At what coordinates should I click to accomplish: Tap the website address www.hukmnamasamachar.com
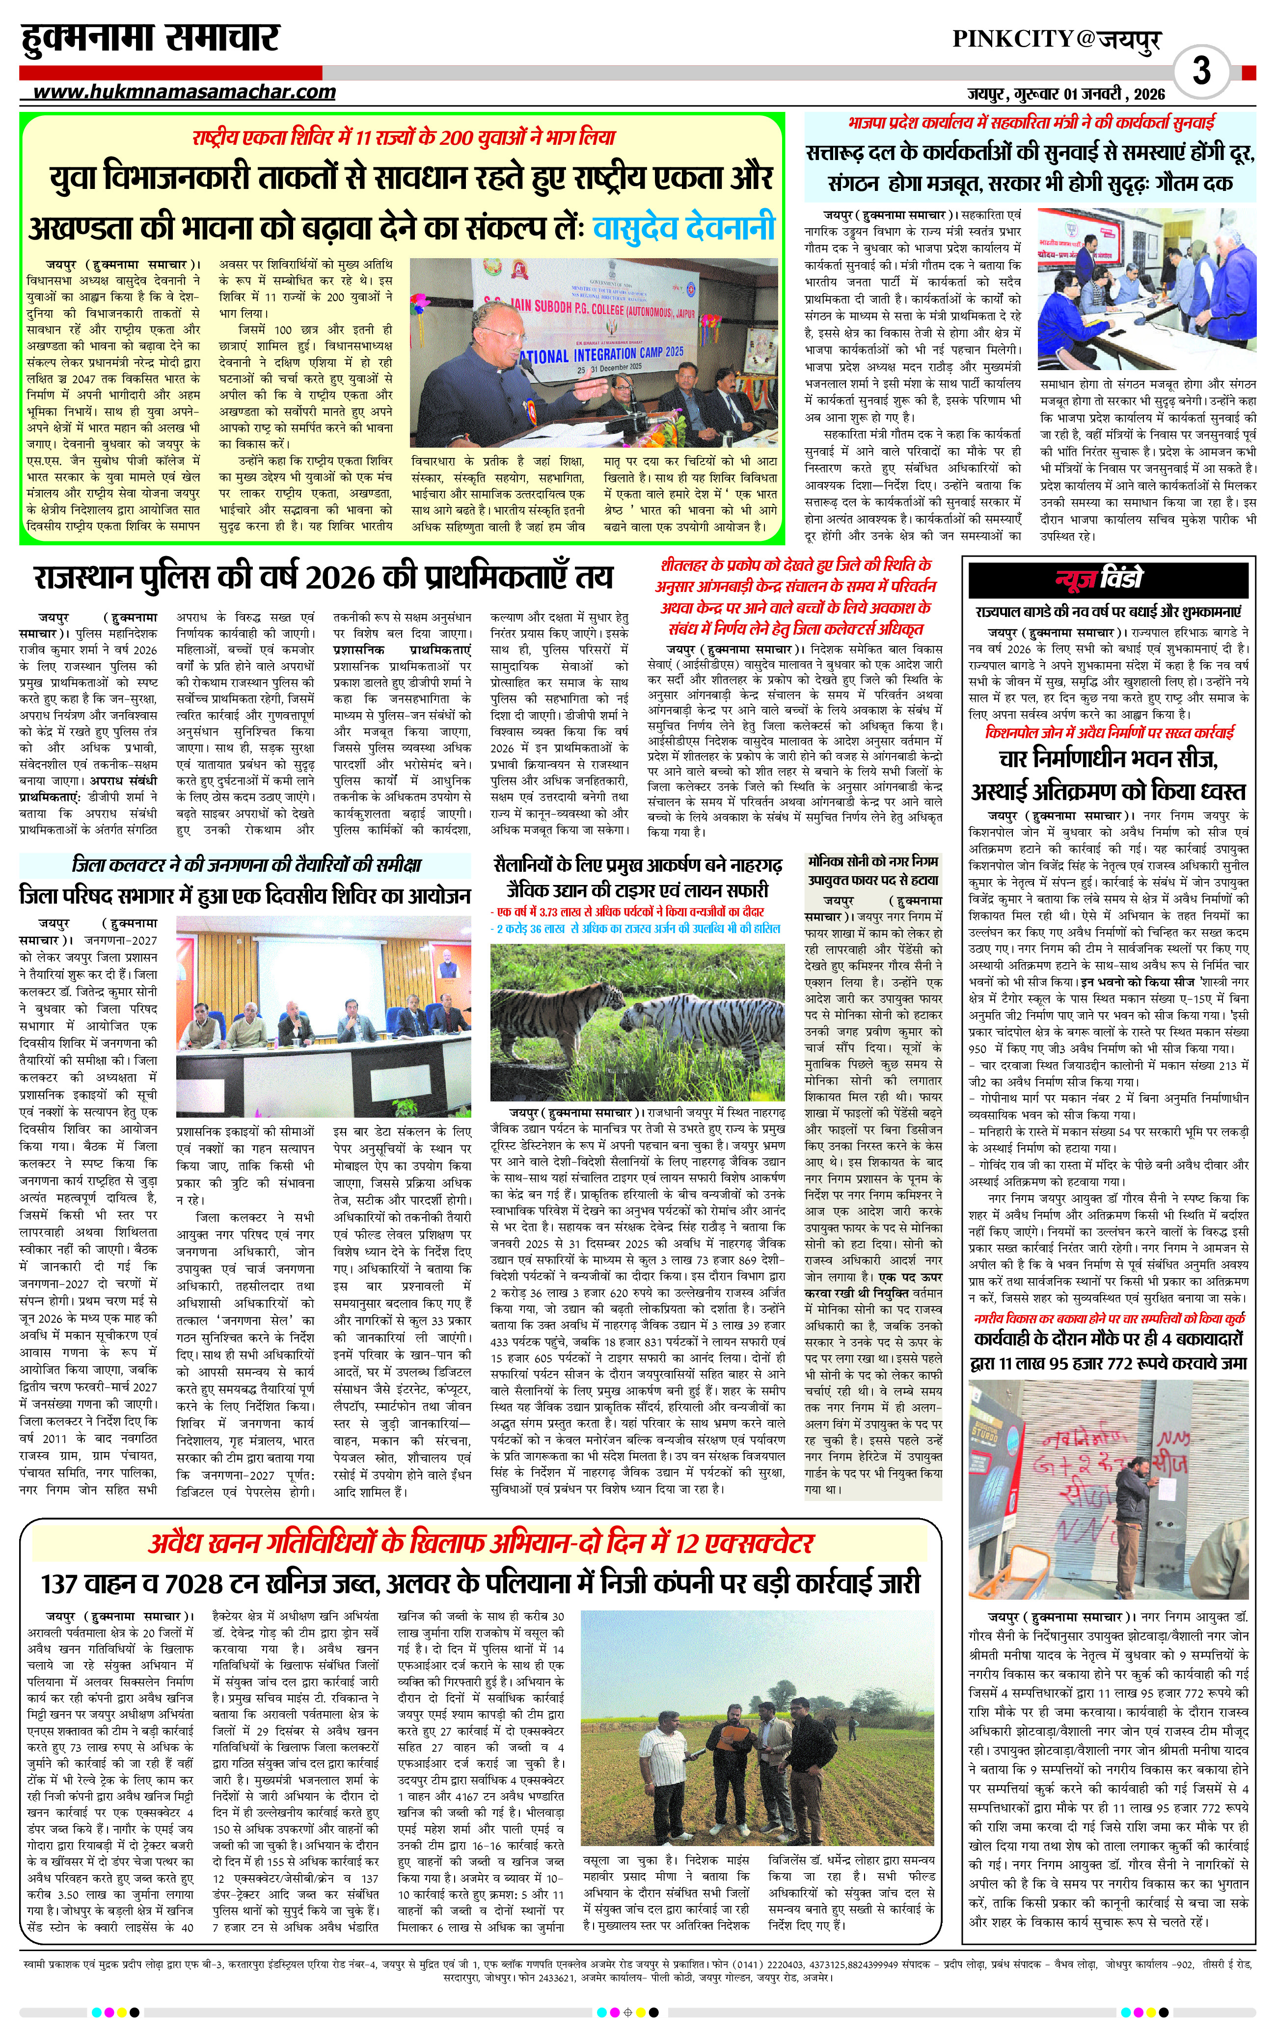tap(183, 92)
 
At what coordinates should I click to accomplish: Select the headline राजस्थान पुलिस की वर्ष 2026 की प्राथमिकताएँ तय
tap(323, 578)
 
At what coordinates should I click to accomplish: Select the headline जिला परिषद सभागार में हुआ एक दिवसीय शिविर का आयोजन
tap(244, 895)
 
